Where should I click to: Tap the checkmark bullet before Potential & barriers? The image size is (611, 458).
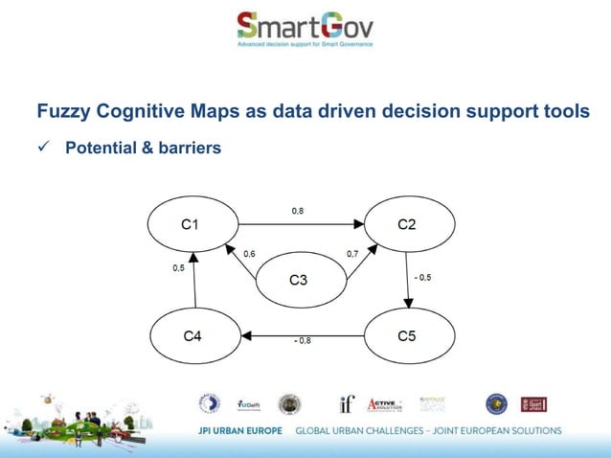(x=43, y=149)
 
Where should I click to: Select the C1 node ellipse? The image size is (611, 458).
(x=191, y=224)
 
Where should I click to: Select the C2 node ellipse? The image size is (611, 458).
(x=406, y=224)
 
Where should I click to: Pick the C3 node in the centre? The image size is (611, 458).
(x=298, y=280)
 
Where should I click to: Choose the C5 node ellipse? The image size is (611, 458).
(x=406, y=336)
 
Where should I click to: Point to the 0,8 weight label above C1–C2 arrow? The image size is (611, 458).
(x=298, y=210)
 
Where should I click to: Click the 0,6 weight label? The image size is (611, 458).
(x=249, y=254)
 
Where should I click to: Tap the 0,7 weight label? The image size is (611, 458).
(x=352, y=254)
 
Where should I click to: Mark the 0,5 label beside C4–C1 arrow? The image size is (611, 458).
(x=178, y=268)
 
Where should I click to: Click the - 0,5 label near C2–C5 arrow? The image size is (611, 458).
(x=422, y=277)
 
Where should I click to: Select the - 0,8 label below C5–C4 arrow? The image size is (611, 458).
(x=301, y=340)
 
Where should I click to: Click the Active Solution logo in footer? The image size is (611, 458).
(x=385, y=404)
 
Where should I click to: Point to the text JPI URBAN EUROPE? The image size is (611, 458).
(x=239, y=430)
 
